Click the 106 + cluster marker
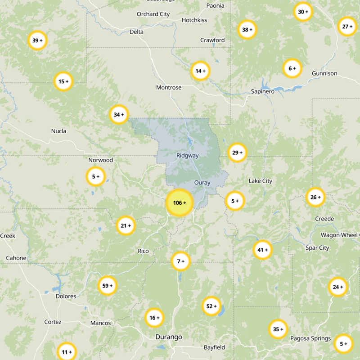coord(180,203)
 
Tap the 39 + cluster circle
coord(37,40)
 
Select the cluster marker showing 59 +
coord(107,286)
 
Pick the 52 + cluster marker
coord(211,306)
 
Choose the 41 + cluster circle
coord(262,250)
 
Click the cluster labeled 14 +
coord(200,71)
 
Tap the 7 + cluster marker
coord(180,261)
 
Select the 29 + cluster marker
coord(237,153)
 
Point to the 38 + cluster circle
coord(247,30)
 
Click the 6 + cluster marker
coord(292,68)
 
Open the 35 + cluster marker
coord(278,329)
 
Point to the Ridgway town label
coord(187,156)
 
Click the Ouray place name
coord(202,183)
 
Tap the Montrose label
coord(169,87)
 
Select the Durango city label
coord(169,337)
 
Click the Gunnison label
coord(324,73)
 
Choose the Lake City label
coord(260,181)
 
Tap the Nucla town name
coord(59,131)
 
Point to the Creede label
coord(324,219)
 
